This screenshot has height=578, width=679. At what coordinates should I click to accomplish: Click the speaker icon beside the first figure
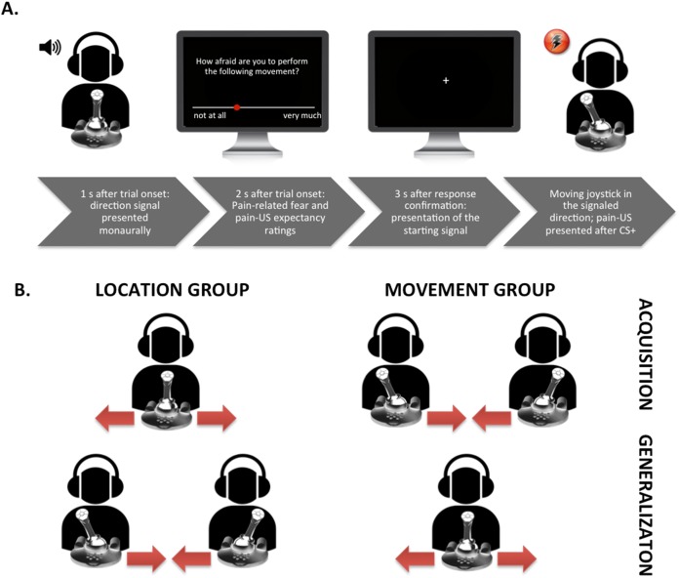click(49, 46)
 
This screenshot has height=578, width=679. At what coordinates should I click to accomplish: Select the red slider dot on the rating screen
click(237, 106)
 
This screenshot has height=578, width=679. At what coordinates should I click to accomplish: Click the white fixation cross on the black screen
click(446, 79)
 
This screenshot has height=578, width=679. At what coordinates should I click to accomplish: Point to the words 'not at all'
click(211, 116)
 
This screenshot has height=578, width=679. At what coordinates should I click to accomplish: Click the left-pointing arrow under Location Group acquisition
click(114, 419)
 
